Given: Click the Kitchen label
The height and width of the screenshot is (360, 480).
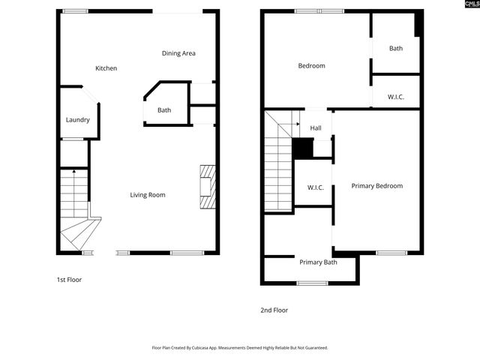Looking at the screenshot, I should coord(106,68).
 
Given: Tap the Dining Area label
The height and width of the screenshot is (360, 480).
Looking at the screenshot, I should coord(178,53).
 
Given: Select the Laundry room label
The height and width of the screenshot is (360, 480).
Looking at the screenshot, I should coord(78,120).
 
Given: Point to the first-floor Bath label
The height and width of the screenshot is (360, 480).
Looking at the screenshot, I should coord(163,110).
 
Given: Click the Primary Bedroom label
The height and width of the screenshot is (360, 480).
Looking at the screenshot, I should coord(377,186).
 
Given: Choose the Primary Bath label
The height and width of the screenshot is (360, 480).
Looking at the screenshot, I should coord(318,262).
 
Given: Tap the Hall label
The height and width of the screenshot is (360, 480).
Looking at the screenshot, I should coord(316,128).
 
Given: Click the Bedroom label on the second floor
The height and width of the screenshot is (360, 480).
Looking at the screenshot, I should coord(311,66).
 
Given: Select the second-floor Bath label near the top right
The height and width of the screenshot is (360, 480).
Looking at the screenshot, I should coord(396,49).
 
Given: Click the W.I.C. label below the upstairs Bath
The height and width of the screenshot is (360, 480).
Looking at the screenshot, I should coord(396,97).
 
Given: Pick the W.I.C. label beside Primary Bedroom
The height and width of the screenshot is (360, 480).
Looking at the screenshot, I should coord(315,187).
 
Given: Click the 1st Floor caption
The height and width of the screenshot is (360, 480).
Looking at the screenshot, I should coord(69,280).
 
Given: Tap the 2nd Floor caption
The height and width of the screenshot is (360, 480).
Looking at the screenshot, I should coord(274,310).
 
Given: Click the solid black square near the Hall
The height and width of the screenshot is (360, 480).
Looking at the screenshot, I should coord(302,148).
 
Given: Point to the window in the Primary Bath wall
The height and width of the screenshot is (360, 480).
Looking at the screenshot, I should coord(313,283).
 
